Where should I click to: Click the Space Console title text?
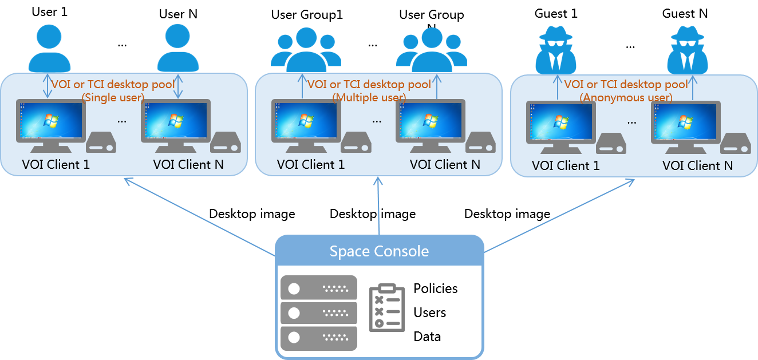click(379, 251)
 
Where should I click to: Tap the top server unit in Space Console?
click(319, 288)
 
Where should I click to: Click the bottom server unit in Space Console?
click(319, 338)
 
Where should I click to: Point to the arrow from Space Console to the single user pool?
click(200, 217)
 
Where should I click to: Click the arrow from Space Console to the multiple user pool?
click(378, 206)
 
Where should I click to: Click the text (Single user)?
click(113, 97)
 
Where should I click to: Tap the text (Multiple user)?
click(369, 97)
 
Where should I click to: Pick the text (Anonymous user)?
click(626, 98)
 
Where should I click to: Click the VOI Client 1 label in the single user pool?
click(56, 165)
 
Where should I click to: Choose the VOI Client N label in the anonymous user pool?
click(697, 166)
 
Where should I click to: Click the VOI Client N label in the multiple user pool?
click(445, 165)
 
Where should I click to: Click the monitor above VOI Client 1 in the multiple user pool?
click(306, 122)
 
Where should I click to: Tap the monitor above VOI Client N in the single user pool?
click(176, 122)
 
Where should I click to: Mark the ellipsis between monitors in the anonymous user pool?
click(631, 122)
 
